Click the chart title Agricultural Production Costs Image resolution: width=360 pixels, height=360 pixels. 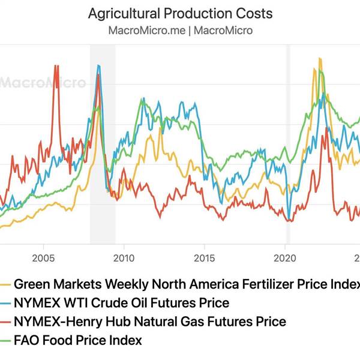(180, 13)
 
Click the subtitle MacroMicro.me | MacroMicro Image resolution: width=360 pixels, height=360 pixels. (180, 29)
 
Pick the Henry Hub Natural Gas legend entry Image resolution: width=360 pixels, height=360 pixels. (149, 322)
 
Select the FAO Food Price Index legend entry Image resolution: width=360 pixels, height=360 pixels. (77, 340)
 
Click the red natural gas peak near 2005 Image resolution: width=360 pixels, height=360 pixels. (56, 67)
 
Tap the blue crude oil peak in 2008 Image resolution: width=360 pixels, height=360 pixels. (99, 66)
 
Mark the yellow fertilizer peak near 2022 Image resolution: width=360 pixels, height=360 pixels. (320, 59)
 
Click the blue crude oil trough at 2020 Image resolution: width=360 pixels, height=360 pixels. (289, 220)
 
